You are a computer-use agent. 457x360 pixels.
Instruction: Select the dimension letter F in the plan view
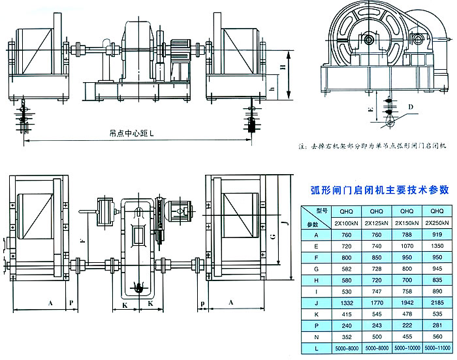coord(81,241)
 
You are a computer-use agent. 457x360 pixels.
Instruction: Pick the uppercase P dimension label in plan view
coord(72,303)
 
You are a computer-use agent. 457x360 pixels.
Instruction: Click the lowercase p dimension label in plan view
coord(202,303)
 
